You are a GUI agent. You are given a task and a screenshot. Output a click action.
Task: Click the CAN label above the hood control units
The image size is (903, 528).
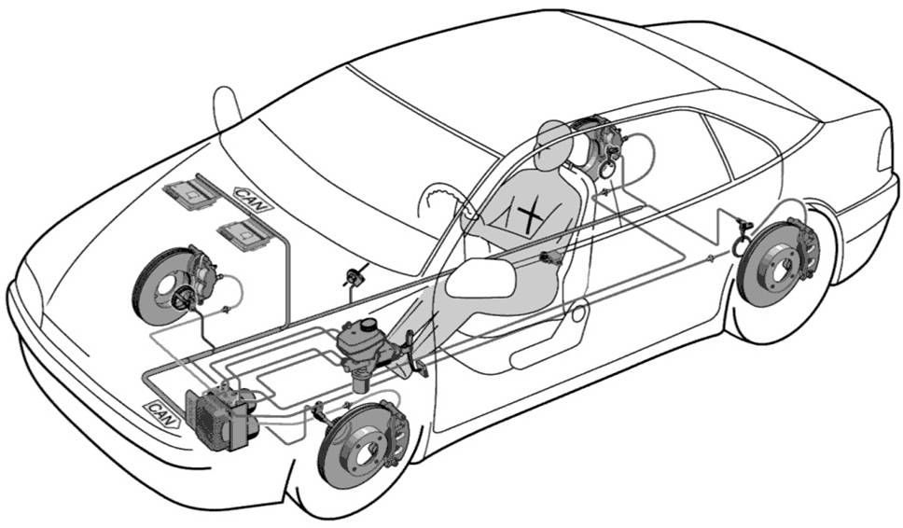click(253, 200)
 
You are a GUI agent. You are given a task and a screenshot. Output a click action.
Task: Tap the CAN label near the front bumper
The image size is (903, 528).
click(161, 414)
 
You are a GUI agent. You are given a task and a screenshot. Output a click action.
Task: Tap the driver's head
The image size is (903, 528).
click(553, 144)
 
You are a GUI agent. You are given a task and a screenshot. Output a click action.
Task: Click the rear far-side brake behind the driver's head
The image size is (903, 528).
click(599, 145)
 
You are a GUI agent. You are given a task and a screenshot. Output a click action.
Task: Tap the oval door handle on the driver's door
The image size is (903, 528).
click(578, 313)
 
